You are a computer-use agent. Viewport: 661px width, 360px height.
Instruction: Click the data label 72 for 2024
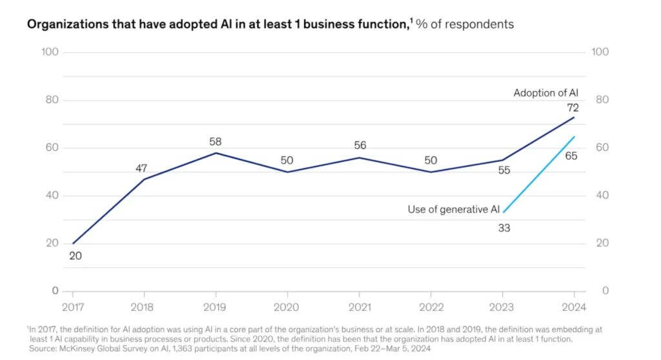[x=572, y=108]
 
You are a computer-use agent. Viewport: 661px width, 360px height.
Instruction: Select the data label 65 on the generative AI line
[x=571, y=155]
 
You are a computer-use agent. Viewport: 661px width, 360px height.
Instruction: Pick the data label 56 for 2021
[x=360, y=145]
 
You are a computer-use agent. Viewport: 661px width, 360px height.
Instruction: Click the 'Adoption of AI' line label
[x=545, y=93]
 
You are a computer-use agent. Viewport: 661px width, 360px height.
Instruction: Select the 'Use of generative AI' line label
[x=453, y=209]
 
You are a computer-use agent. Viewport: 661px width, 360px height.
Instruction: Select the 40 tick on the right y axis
[x=600, y=195]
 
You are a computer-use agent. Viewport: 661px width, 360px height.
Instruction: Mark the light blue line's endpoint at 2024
[x=575, y=136]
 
